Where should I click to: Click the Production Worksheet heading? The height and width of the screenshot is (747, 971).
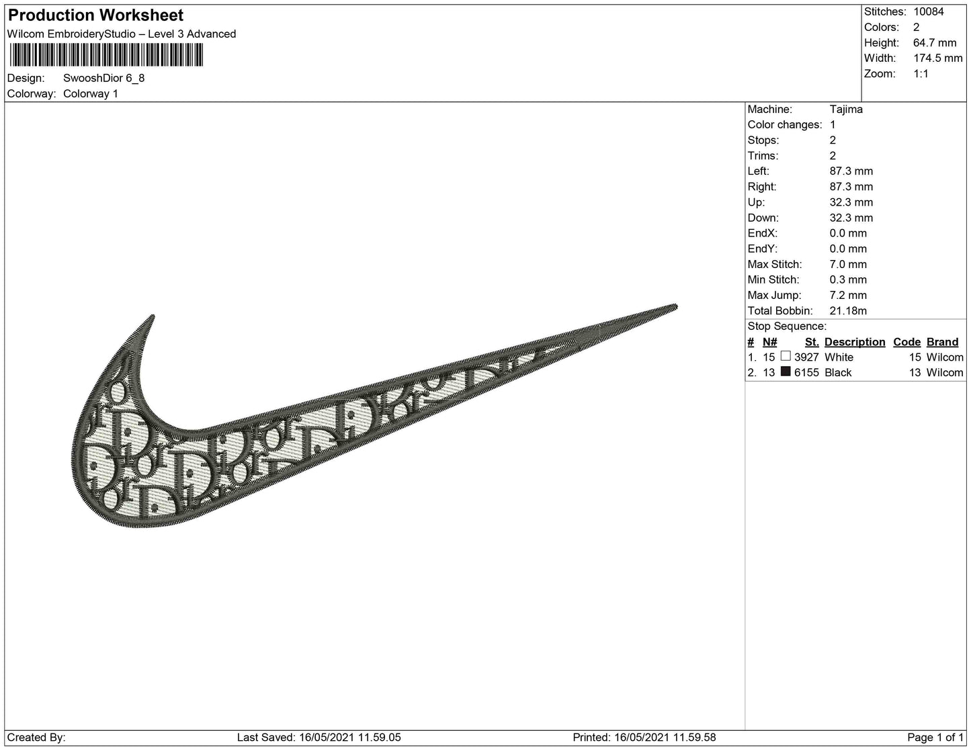(x=95, y=15)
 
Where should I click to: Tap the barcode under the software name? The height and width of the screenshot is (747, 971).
(x=106, y=55)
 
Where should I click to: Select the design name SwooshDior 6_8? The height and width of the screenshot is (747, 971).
(x=103, y=78)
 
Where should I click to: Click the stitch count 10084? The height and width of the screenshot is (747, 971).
(x=929, y=11)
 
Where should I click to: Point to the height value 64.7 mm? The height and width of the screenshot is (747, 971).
(x=935, y=43)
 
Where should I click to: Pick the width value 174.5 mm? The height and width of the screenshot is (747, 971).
(x=938, y=58)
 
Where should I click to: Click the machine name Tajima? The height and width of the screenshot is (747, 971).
(x=846, y=109)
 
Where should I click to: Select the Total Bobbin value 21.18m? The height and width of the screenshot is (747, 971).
(x=848, y=311)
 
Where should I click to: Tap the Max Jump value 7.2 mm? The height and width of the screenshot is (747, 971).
(x=848, y=295)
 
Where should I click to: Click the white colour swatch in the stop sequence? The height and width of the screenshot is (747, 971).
(x=786, y=356)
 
